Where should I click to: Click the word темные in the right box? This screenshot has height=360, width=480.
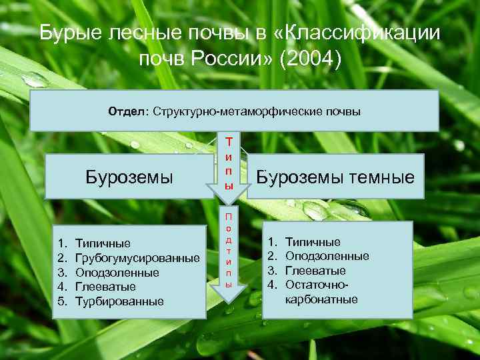point(381,177)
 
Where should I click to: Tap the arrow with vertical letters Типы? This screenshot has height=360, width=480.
point(229,167)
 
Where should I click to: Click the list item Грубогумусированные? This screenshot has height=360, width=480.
point(137,258)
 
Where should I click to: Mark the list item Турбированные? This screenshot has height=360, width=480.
point(119,301)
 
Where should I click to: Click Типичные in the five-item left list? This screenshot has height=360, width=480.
point(103,243)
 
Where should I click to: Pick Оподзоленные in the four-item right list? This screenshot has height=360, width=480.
point(327,256)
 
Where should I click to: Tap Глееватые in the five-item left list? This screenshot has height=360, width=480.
point(105,287)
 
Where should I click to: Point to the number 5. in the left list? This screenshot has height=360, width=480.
point(61,301)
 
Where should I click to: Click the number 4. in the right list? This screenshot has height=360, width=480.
point(272,285)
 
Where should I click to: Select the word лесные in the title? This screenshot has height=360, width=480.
point(138,33)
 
